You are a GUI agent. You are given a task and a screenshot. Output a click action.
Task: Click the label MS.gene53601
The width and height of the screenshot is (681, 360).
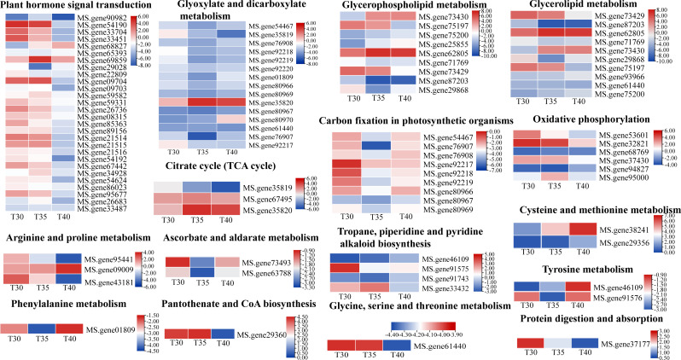click(x=626, y=135)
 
